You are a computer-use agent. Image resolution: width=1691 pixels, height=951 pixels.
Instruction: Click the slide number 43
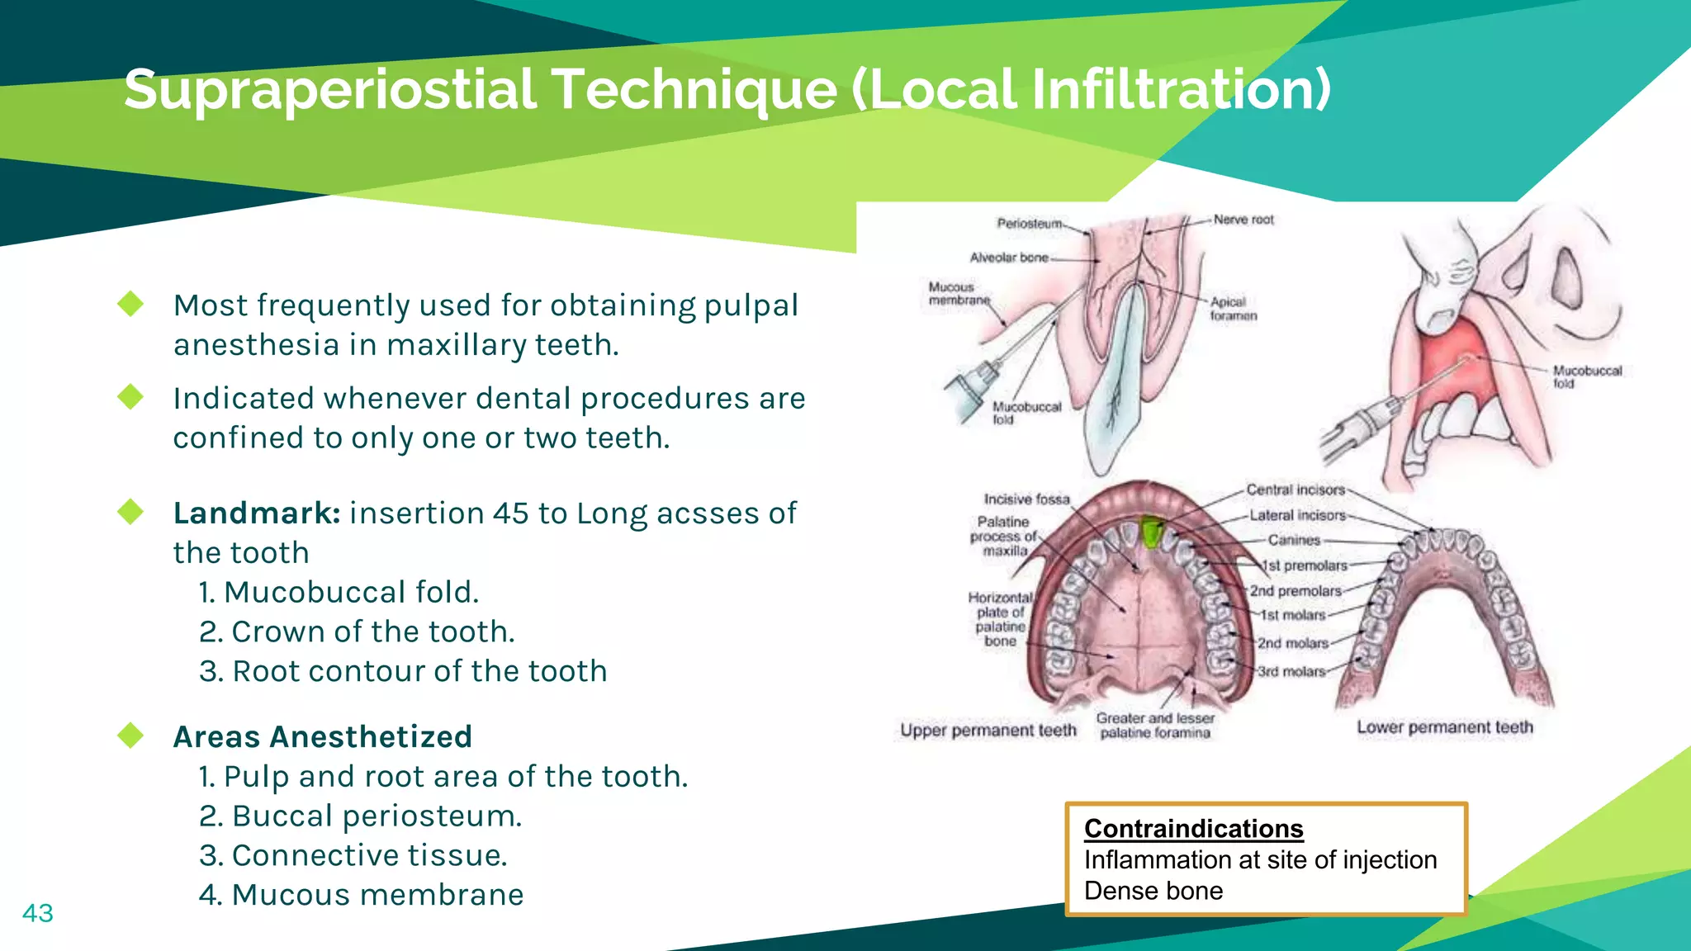tap(38, 913)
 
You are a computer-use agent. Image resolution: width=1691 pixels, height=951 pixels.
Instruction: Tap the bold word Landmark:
tap(257, 513)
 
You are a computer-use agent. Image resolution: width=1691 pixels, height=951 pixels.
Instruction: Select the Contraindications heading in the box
tap(1193, 828)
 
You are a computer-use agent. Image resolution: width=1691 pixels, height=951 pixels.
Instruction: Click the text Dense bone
tap(1153, 891)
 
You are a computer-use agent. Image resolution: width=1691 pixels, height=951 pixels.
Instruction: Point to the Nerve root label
tap(1243, 220)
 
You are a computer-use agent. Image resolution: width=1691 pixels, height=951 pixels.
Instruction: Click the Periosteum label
tap(1029, 224)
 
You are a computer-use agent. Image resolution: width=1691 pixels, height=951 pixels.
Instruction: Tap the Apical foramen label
tap(1233, 309)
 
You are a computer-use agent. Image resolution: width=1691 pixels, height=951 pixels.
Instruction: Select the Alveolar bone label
tap(1009, 258)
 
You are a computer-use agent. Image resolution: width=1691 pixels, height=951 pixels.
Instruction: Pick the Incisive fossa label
tap(1026, 499)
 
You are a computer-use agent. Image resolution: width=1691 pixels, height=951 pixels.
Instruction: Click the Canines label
tap(1294, 540)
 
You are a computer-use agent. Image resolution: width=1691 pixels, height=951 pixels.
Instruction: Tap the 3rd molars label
tap(1291, 672)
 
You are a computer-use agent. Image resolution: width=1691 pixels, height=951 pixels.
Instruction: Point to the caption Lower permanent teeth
tap(1444, 727)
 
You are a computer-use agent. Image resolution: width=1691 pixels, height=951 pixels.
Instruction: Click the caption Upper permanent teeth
tap(988, 731)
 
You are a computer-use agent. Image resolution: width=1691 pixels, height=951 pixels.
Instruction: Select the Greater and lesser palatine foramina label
tap(1155, 726)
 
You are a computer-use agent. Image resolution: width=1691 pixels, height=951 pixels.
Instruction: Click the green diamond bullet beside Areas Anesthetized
tap(130, 735)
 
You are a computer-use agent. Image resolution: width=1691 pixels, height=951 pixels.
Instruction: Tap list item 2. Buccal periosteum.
tap(361, 816)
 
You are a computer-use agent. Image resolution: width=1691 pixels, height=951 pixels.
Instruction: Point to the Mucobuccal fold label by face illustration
tap(1586, 376)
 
